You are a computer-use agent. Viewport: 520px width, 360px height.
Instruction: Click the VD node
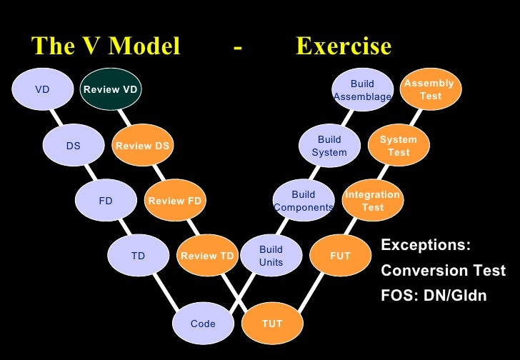click(x=42, y=90)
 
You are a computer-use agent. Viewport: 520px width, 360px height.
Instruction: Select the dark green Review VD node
click(x=110, y=90)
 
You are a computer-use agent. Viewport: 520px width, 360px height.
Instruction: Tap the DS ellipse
click(x=74, y=146)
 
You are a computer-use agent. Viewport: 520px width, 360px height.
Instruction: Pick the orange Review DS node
click(x=143, y=146)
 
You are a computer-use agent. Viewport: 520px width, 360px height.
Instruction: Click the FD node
click(x=106, y=201)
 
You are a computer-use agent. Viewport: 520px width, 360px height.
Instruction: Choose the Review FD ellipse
click(x=175, y=201)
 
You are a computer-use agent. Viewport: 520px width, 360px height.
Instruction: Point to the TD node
click(x=138, y=256)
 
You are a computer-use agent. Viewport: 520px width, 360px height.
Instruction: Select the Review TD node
click(x=207, y=256)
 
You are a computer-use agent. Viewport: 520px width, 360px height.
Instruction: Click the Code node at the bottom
click(x=203, y=324)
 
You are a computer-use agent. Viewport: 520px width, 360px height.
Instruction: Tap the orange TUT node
click(x=272, y=324)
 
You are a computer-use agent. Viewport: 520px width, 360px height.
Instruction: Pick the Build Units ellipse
click(x=271, y=256)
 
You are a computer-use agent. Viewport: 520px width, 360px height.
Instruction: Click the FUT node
click(x=340, y=256)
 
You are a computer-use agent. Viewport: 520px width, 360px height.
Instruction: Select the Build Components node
click(x=304, y=201)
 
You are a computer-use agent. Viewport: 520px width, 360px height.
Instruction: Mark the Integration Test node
click(x=372, y=201)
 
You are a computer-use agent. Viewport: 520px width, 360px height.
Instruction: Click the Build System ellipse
click(x=329, y=146)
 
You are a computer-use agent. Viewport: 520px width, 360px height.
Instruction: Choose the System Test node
click(x=399, y=146)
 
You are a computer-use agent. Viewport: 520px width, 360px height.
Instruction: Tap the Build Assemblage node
click(x=363, y=90)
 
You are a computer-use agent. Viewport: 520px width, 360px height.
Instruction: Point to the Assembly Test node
click(x=430, y=90)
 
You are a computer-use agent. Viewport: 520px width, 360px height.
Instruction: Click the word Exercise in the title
click(x=344, y=47)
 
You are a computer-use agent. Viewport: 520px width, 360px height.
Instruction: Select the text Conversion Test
click(x=443, y=271)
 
